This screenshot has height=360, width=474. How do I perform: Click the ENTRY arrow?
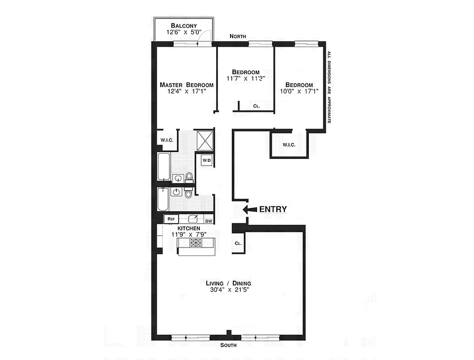249,209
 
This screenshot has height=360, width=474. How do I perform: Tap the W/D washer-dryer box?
207,160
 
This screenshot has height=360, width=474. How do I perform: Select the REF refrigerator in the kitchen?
171,219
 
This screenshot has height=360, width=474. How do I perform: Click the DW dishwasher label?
209,220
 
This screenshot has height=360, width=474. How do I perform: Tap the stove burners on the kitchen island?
196,243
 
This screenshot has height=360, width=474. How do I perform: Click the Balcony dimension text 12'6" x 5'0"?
184,32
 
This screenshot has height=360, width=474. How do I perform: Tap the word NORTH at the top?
238,36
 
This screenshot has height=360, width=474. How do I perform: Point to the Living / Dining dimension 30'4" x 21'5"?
228,290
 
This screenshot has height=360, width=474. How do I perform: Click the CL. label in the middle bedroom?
257,106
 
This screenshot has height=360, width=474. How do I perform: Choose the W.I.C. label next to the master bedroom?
167,140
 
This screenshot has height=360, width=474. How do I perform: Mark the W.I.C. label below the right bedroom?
289,144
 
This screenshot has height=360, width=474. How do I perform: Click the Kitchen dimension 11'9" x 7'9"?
189,234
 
